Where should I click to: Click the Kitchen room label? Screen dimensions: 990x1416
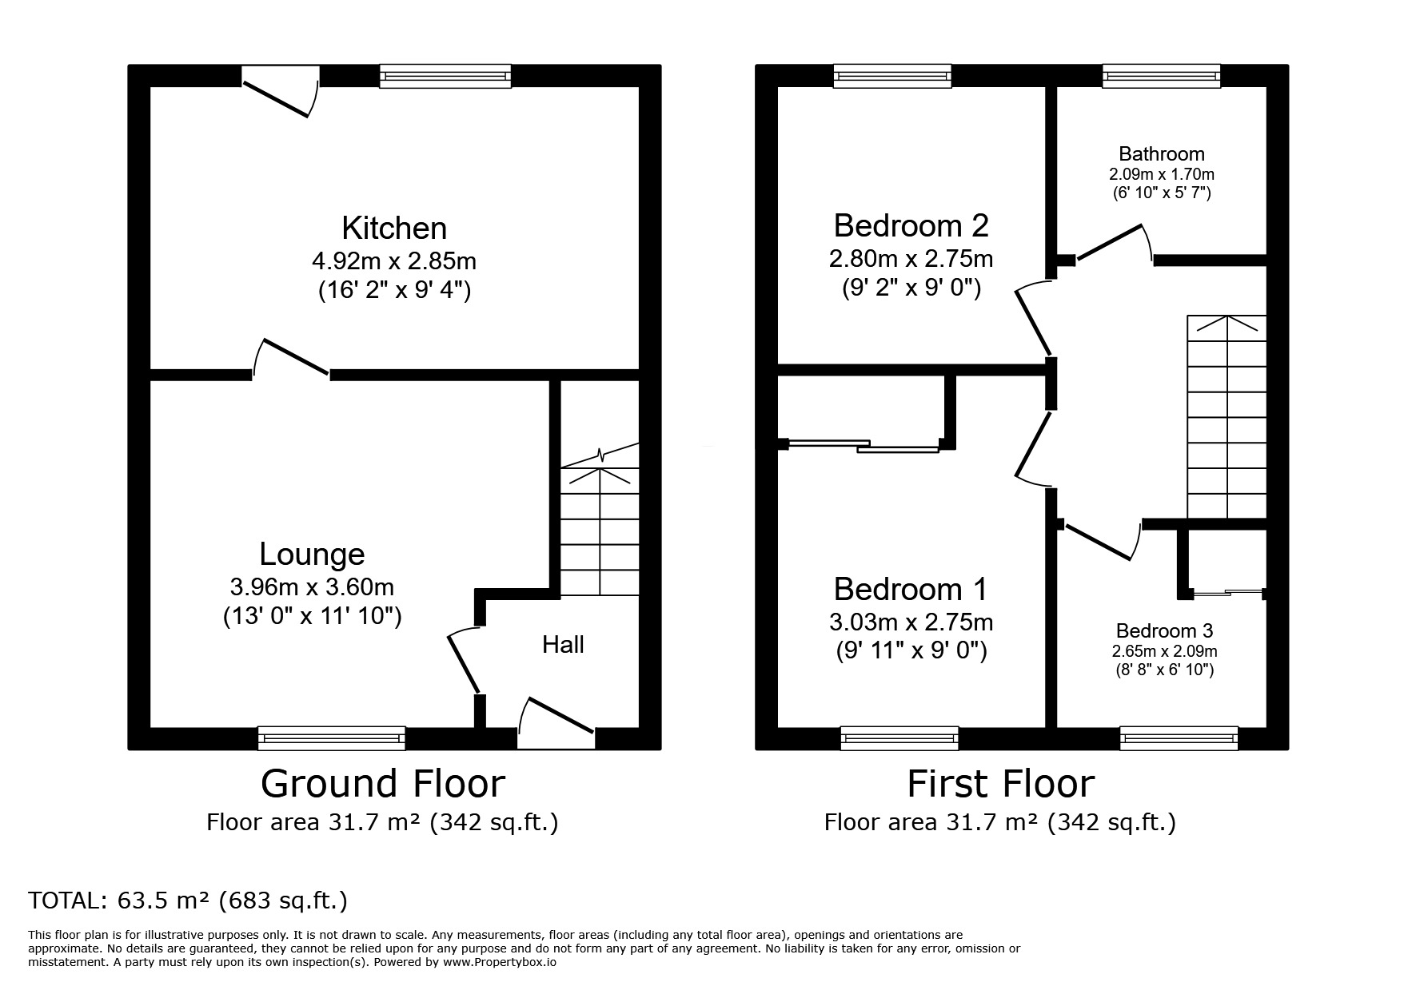point(394,229)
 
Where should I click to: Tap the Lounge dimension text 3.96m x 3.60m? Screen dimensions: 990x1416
point(312,587)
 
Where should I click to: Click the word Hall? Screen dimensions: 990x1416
point(563,645)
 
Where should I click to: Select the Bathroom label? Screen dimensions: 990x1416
point(1161,153)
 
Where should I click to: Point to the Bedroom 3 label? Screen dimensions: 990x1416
point(1164,630)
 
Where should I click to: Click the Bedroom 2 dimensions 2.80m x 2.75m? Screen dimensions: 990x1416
point(911,259)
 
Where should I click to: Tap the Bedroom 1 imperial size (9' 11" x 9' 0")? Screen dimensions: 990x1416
point(911,651)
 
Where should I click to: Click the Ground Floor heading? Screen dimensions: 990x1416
point(383,784)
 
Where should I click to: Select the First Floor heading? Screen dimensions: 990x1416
point(1000,784)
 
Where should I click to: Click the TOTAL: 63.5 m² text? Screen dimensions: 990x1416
point(188,901)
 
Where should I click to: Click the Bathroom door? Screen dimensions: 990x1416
point(1112,242)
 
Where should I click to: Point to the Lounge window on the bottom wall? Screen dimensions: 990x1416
point(331,738)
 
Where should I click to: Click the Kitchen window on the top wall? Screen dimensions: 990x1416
point(445,76)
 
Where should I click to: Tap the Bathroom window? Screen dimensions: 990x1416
point(1161,76)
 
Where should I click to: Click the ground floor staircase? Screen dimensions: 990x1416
point(600,531)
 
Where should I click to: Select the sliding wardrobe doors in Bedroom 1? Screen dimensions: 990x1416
point(864,446)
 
